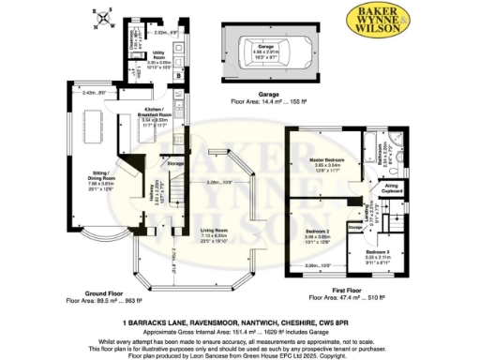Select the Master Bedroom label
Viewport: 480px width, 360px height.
tap(327, 160)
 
